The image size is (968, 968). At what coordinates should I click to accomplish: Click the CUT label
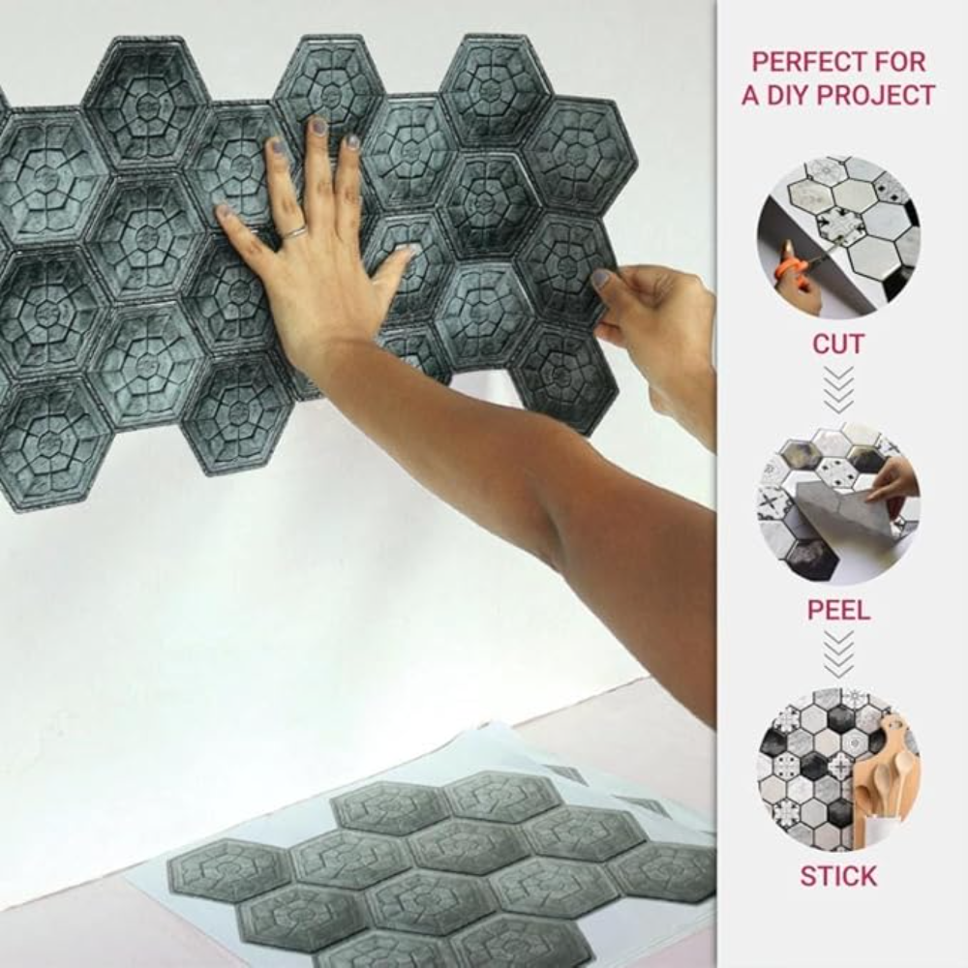[837, 344]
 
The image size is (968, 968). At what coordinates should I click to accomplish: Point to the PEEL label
[838, 610]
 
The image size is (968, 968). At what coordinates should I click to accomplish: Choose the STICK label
[838, 876]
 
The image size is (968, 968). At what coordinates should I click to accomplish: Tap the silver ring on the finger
[294, 232]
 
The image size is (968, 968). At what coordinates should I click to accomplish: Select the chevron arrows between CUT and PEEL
[838, 390]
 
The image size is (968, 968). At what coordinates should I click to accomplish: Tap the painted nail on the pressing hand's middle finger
[318, 125]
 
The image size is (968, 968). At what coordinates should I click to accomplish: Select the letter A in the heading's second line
[751, 95]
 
